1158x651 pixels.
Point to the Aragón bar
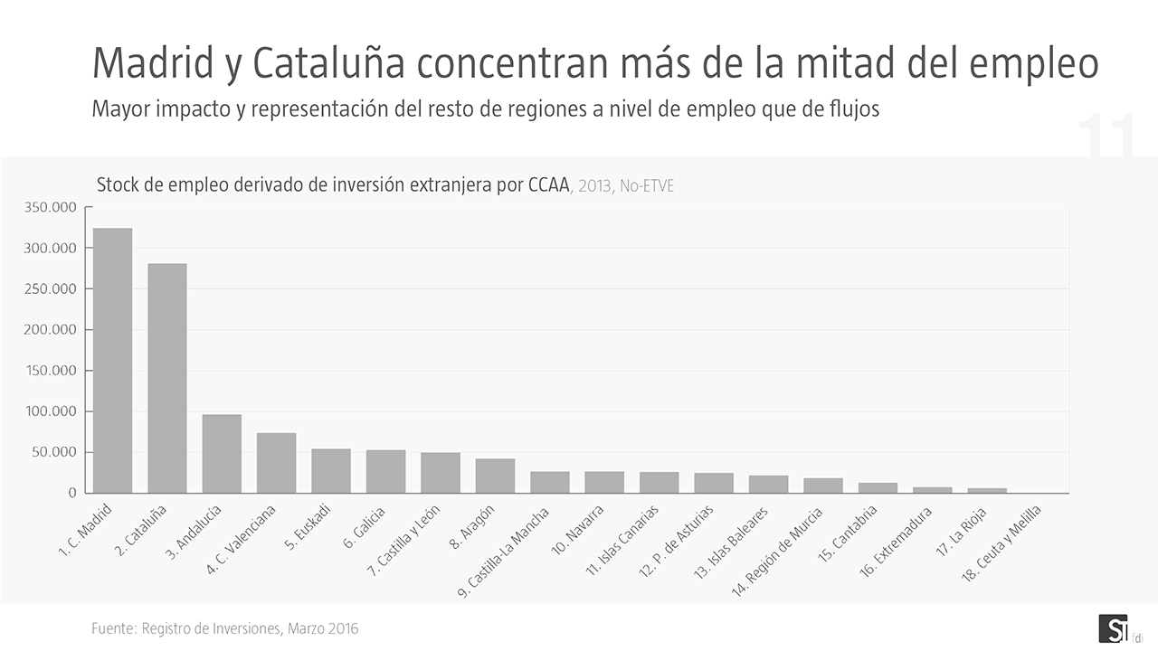[x=495, y=476]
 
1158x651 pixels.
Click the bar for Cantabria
[x=878, y=488]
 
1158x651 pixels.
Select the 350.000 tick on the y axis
[x=51, y=208]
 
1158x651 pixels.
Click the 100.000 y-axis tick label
[x=51, y=411]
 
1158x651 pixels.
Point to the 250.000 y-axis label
[x=51, y=289]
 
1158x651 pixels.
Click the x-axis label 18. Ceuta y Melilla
[x=1001, y=543]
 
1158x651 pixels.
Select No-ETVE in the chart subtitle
[x=647, y=187]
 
